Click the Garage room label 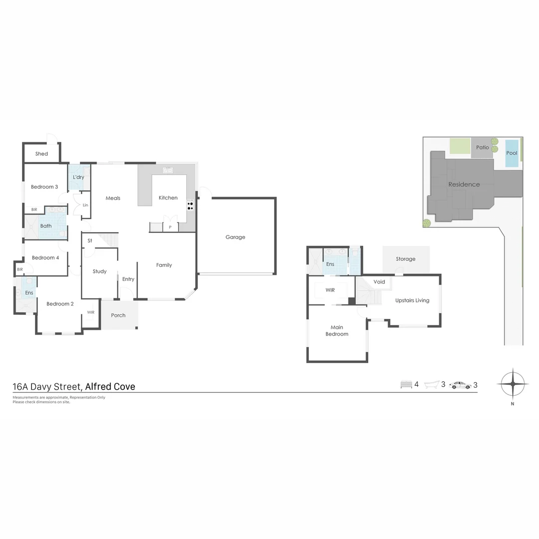(x=235, y=237)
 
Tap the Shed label (x=41, y=154)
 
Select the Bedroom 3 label (x=44, y=187)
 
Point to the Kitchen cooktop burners (x=190, y=205)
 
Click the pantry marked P (x=170, y=227)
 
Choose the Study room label (x=99, y=271)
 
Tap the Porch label (x=118, y=315)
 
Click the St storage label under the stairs (x=90, y=241)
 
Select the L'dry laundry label (x=78, y=177)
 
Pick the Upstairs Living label (x=412, y=300)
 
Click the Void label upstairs (x=379, y=282)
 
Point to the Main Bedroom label (x=337, y=331)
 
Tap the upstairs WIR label (x=330, y=290)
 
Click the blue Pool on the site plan (x=512, y=153)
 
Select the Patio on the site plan (x=482, y=148)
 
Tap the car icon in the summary (x=460, y=385)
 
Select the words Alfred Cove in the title (x=110, y=386)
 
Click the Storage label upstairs (x=405, y=259)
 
